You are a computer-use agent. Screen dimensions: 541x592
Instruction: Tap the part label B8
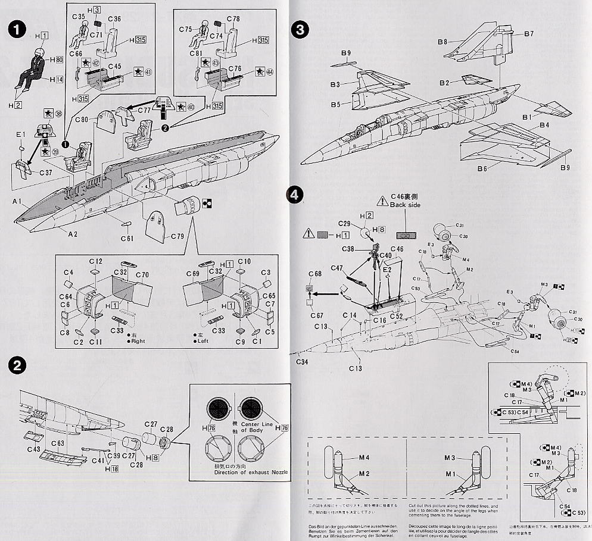pos(442,42)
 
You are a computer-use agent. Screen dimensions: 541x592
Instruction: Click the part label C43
pos(34,448)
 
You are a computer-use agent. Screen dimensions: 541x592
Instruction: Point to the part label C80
pos(82,120)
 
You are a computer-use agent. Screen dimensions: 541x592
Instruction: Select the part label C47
pos(338,269)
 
